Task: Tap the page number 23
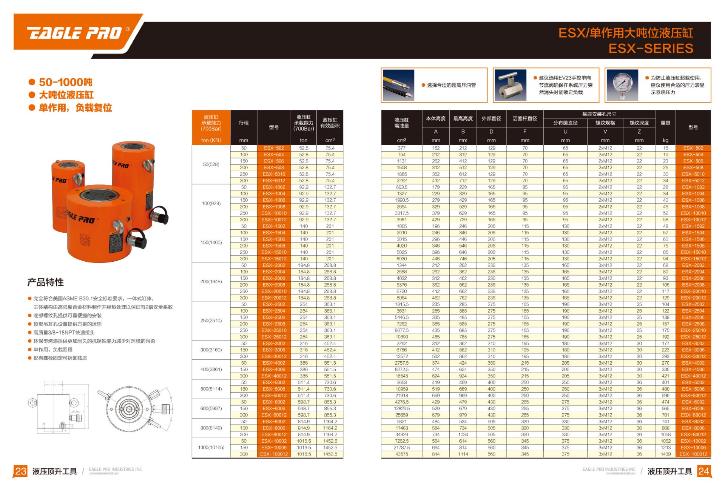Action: (20, 471)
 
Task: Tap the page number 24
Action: (703, 471)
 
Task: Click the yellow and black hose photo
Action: (398, 85)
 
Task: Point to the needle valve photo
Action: (510, 85)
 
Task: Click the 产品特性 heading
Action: (46, 282)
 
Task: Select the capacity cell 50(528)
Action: (211, 164)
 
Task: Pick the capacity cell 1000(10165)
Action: (211, 448)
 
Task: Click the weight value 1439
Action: (665, 454)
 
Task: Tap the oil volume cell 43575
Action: (401, 454)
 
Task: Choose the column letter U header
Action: (565, 132)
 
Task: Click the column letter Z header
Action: (639, 132)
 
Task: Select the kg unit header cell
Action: (665, 140)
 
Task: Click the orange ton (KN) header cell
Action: (211, 140)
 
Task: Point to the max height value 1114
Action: (463, 454)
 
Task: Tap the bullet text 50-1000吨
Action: (65, 82)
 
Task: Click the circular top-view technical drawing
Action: (130, 409)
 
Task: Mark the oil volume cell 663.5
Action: (401, 187)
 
